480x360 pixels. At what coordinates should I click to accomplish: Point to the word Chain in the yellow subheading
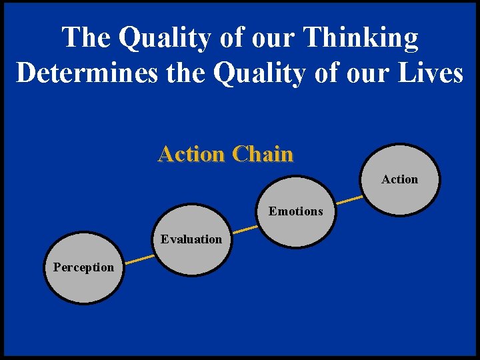click(x=263, y=154)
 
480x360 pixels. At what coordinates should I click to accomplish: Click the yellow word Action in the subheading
click(x=191, y=154)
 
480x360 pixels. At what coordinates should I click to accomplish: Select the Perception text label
click(x=83, y=267)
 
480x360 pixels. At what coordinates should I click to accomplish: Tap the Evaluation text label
click(x=191, y=239)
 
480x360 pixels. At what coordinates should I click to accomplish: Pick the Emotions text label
click(x=295, y=211)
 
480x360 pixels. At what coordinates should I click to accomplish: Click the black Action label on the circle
click(x=399, y=179)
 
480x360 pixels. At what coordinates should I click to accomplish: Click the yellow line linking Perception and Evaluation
click(x=140, y=258)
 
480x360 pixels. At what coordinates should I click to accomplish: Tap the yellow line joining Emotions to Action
click(x=349, y=199)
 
